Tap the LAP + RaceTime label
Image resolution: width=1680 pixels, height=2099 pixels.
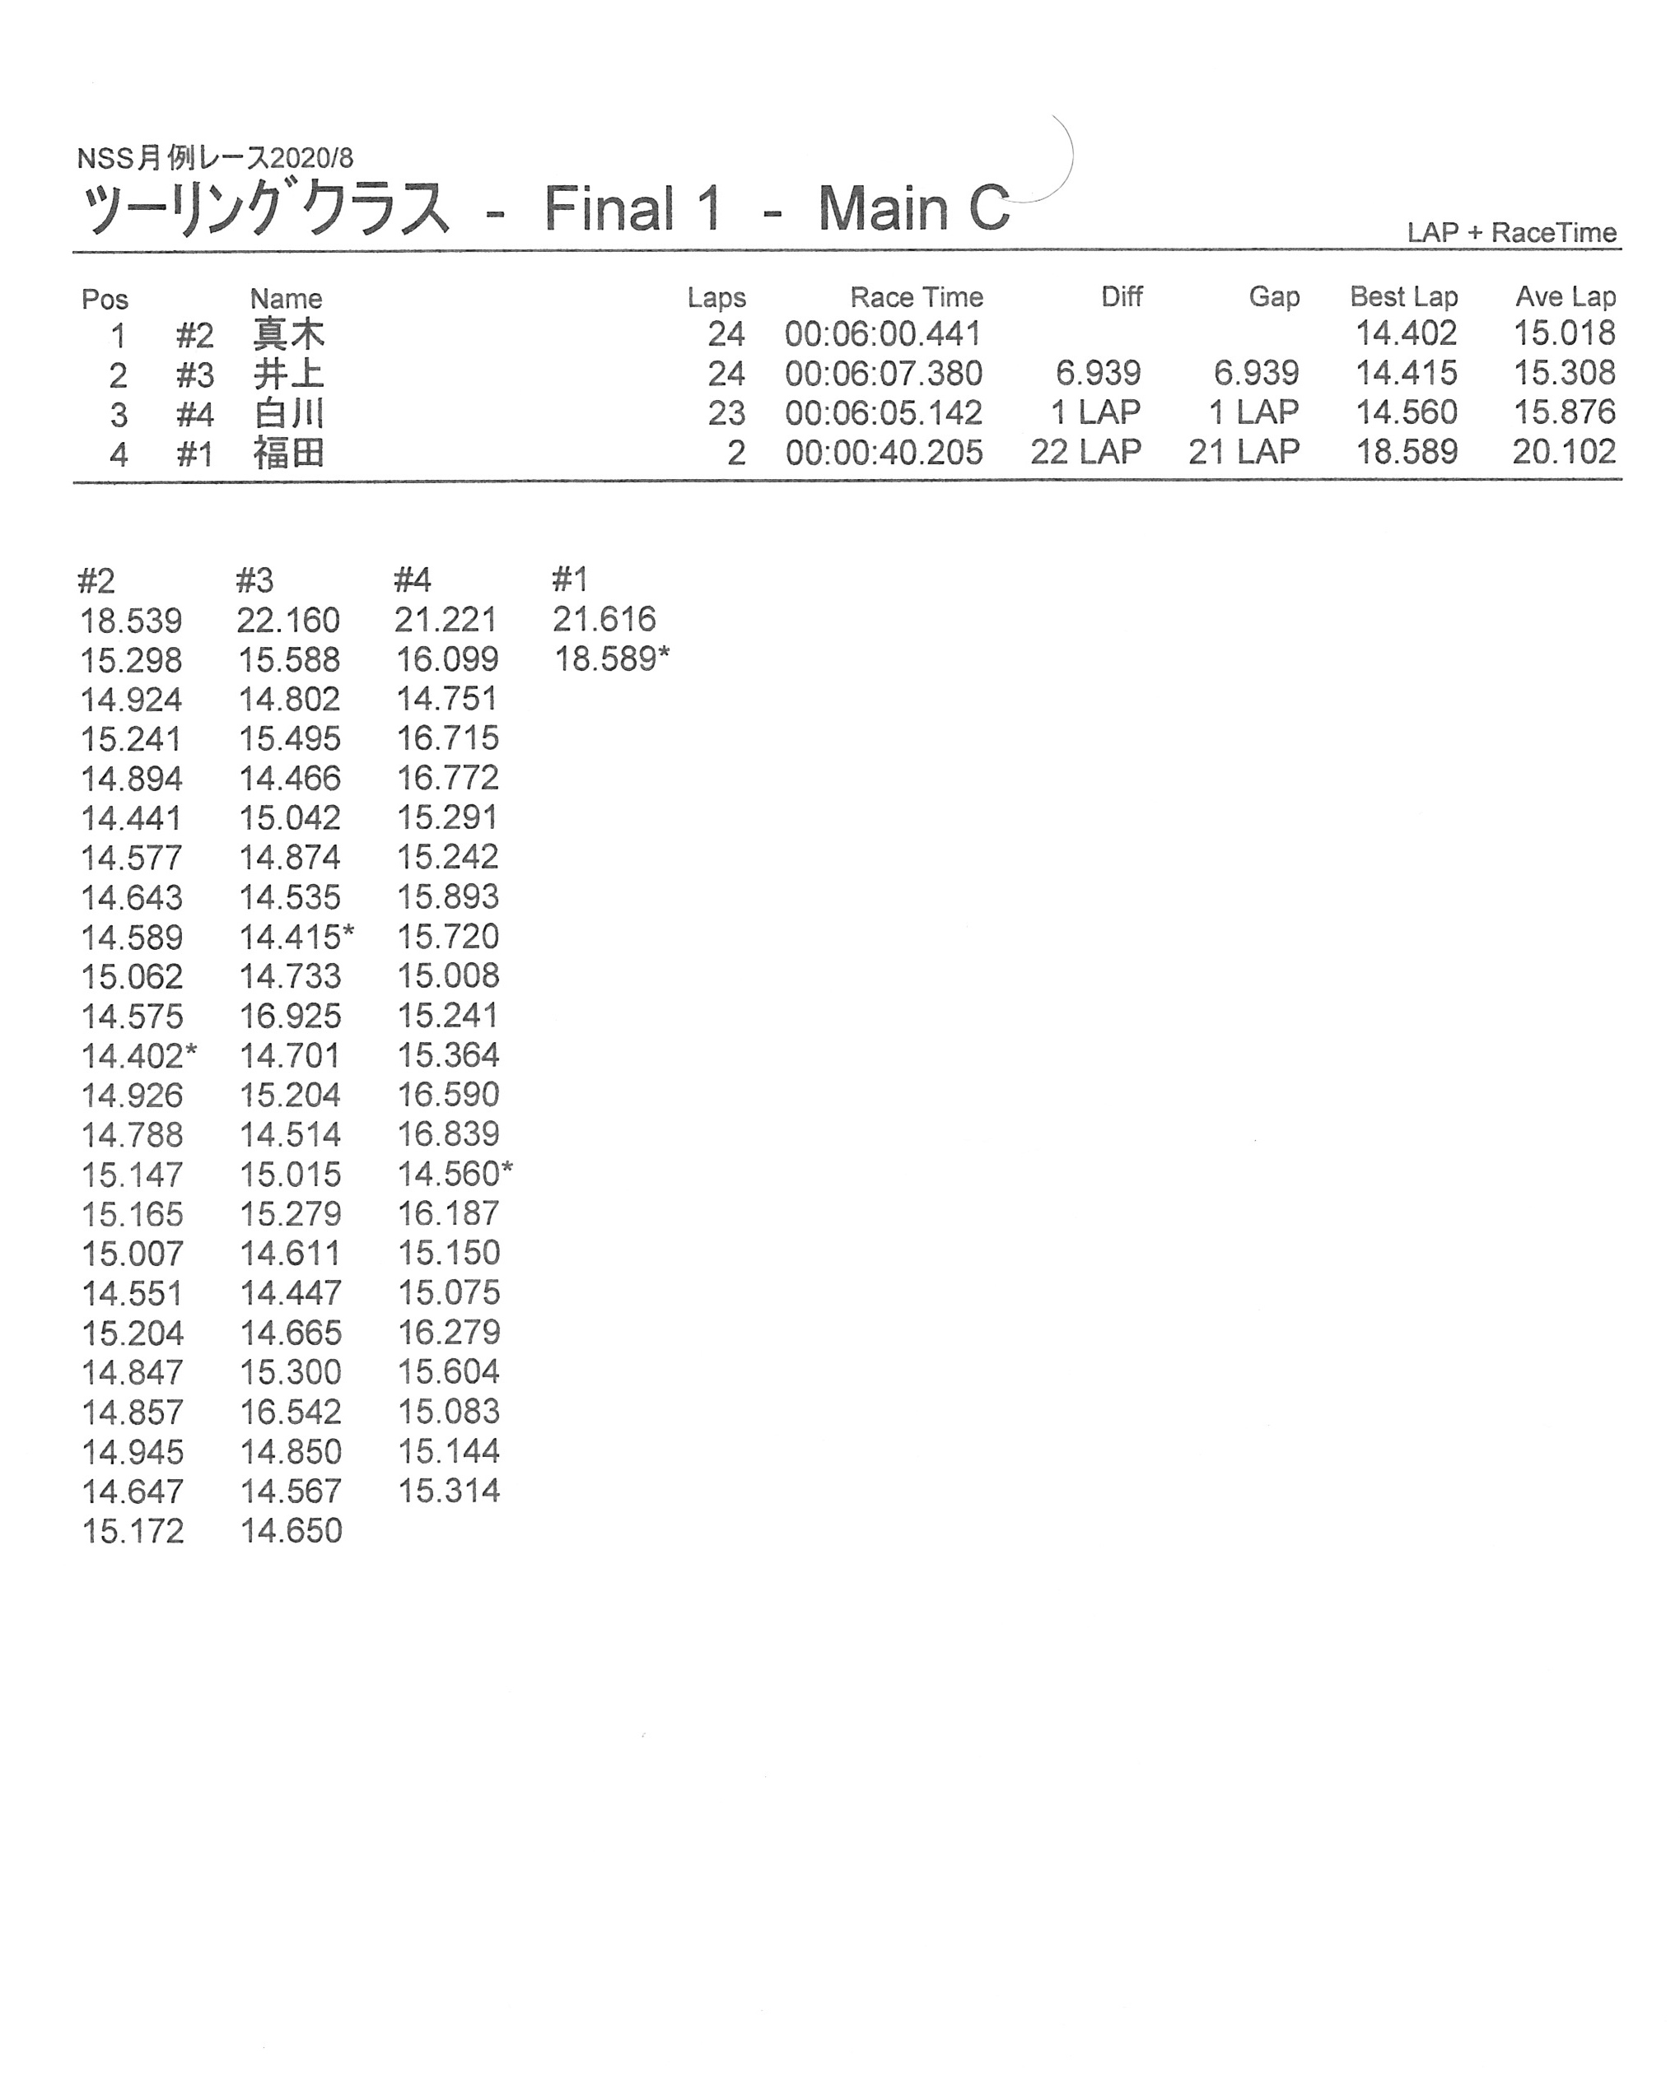point(1510,233)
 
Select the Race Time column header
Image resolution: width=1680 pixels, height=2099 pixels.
point(916,297)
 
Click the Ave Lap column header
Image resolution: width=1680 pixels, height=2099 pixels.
point(1564,297)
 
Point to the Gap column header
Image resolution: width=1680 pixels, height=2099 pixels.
point(1274,297)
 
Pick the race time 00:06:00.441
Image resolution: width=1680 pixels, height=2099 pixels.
point(884,335)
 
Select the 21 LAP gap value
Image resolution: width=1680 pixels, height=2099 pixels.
point(1243,453)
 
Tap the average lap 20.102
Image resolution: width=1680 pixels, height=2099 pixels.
point(1563,452)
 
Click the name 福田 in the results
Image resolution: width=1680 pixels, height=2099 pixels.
point(288,454)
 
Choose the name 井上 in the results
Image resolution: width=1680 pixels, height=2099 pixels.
point(288,375)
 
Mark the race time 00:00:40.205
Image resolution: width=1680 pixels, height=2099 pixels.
point(884,453)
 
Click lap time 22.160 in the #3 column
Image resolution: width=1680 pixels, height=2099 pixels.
point(288,620)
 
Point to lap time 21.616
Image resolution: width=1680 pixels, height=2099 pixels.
point(604,619)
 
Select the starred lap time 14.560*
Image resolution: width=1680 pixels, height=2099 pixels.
point(454,1174)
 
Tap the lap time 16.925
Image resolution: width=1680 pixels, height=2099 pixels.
point(290,1017)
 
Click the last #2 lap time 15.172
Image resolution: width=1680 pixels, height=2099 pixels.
point(133,1531)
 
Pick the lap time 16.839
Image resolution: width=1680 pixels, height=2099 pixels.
point(448,1134)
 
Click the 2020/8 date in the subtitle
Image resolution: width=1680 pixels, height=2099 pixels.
point(310,158)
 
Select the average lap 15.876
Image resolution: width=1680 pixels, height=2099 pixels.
point(1563,412)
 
